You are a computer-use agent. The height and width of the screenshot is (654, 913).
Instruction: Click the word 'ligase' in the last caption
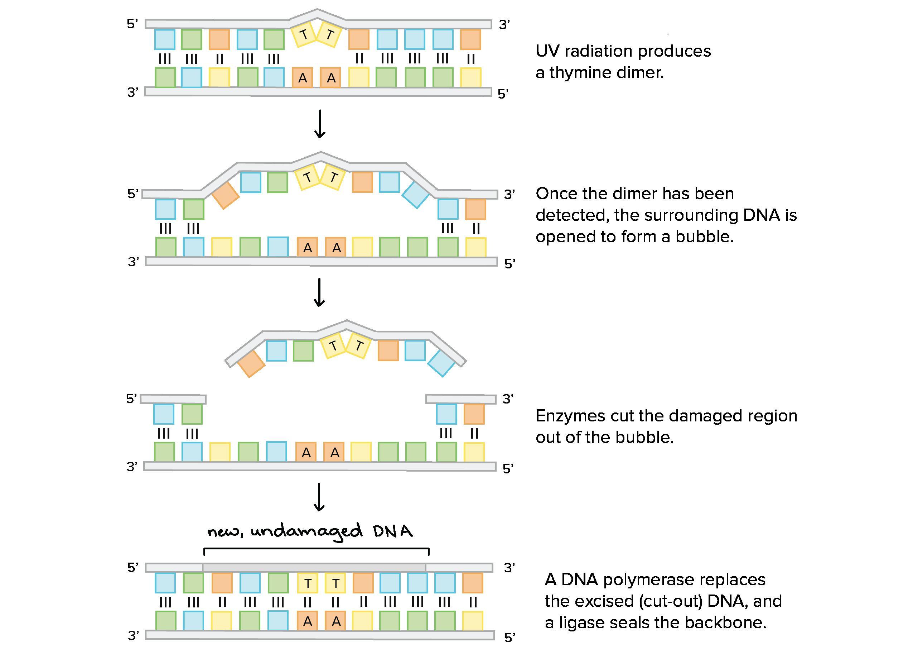[582, 623]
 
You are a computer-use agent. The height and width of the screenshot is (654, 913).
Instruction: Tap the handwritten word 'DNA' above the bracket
[393, 531]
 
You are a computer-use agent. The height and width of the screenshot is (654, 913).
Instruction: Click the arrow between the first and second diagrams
[319, 124]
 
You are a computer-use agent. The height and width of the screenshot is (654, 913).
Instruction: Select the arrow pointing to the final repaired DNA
[319, 497]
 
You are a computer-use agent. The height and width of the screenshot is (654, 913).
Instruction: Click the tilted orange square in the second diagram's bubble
[225, 196]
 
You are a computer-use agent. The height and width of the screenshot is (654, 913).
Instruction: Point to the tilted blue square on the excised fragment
[441, 363]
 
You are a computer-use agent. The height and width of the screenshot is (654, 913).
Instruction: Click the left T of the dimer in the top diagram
[304, 35]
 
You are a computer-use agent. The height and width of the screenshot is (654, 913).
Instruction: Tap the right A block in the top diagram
[331, 78]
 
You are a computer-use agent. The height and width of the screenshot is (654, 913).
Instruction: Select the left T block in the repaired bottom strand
[308, 583]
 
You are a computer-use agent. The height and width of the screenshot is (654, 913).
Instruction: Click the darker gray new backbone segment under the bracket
[314, 567]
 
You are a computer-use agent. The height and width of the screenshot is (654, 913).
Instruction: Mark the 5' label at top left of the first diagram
[132, 24]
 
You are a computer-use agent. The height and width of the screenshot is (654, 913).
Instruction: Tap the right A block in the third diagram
[335, 452]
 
